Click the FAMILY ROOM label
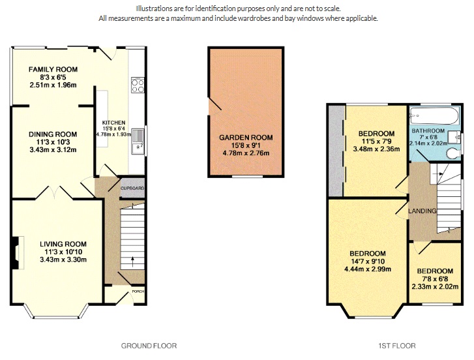coord(53,69)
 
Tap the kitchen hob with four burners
coord(138,86)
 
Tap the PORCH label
coord(138,292)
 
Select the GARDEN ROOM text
coord(246,138)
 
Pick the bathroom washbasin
coord(459,137)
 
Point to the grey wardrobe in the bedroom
coord(336,149)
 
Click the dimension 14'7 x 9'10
coord(367,262)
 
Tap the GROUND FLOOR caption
coord(149,346)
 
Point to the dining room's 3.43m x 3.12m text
coord(53,150)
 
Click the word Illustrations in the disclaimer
coord(156,8)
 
